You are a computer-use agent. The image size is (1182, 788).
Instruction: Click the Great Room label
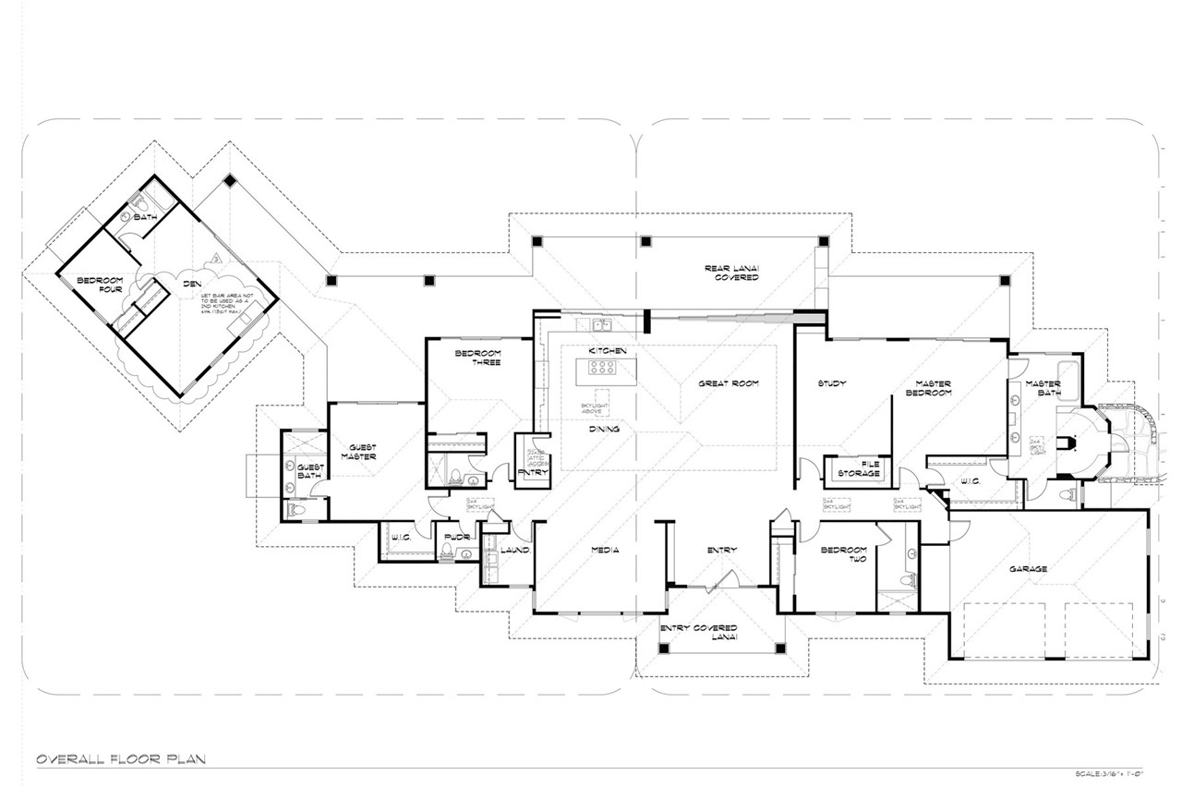[728, 383]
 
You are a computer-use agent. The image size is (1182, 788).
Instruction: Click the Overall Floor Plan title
[120, 759]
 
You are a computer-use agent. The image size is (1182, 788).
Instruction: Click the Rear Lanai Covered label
[731, 273]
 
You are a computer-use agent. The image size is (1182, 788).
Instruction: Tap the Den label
[192, 285]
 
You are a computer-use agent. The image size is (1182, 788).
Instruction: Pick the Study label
[832, 383]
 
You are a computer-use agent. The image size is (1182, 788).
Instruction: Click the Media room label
[604, 551]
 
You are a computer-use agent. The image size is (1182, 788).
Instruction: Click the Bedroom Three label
[477, 358]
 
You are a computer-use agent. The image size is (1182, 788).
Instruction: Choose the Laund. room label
[513, 551]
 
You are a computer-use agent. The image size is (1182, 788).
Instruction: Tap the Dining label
[604, 429]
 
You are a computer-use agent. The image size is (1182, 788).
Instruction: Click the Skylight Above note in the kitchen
[592, 407]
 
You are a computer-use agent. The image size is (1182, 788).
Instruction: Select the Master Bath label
[1043, 388]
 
